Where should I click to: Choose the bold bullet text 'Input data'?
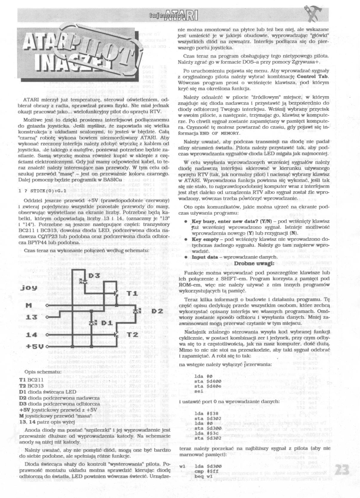(x=204, y=257)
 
